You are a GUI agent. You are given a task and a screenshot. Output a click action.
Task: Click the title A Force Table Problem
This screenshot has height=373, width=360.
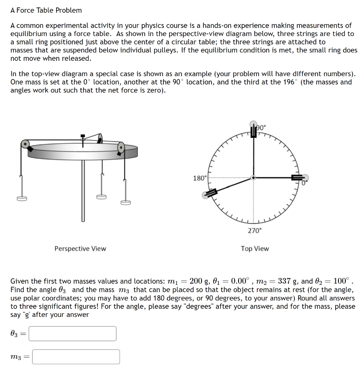pyautogui.click(x=46, y=10)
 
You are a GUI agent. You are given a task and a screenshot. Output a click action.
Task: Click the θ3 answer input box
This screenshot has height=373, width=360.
pyautogui.click(x=73, y=333)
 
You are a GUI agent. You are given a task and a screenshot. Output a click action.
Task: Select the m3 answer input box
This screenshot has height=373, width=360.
pyautogui.click(x=76, y=357)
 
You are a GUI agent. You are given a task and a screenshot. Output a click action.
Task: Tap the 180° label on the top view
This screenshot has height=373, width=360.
pyautogui.click(x=200, y=178)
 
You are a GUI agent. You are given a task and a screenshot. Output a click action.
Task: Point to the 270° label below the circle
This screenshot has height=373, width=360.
pyautogui.click(x=254, y=231)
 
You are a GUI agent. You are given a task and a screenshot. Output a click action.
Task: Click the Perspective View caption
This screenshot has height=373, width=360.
pyautogui.click(x=80, y=248)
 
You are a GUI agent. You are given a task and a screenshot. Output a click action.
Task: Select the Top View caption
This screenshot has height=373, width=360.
pyautogui.click(x=255, y=248)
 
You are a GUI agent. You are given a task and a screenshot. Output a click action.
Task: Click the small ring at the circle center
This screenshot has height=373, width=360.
pyautogui.click(x=254, y=178)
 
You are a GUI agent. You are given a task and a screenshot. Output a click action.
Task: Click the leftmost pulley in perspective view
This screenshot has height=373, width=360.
pyautogui.click(x=24, y=144)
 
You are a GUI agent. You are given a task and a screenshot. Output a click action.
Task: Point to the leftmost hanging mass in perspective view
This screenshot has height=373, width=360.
pyautogui.click(x=21, y=199)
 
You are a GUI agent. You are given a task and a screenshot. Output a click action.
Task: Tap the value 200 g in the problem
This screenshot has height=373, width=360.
pyautogui.click(x=201, y=281)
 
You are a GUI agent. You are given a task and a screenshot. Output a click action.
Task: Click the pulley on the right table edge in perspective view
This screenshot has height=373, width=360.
pyautogui.click(x=121, y=148)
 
